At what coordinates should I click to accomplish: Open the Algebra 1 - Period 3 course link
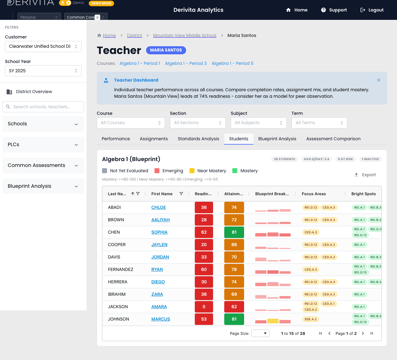point(186,63)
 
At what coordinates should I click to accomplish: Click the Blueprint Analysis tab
point(277,139)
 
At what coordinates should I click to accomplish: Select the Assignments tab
point(154,139)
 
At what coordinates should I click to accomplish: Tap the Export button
point(365,175)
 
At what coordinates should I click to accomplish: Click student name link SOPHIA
point(159,232)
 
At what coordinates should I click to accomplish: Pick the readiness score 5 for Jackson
point(204,307)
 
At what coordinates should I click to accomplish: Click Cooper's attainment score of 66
point(234,245)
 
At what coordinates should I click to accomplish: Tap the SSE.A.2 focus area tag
point(310,319)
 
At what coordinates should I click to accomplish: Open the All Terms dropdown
point(319,123)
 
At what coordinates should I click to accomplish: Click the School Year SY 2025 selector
point(43,71)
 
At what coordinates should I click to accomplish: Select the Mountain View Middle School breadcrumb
point(185,35)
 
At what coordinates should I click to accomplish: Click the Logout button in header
point(372,10)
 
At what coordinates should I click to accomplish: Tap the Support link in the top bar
point(334,10)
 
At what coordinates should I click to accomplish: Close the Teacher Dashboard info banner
point(379,80)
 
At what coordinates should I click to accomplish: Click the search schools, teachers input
point(43,107)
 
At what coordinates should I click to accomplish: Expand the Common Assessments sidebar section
point(43,165)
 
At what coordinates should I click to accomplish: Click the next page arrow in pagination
point(363,333)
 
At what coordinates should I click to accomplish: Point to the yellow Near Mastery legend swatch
point(192,171)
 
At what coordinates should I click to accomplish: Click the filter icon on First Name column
point(181,194)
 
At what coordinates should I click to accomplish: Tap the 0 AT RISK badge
point(345,159)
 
